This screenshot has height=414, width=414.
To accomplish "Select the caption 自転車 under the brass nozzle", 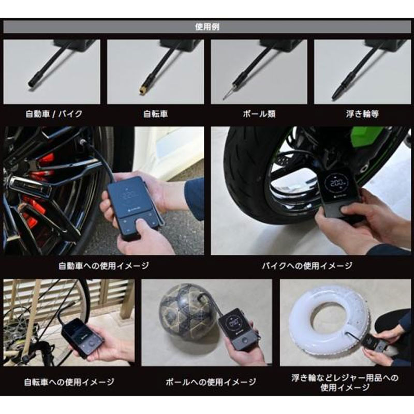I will pyautogui.click(x=155, y=113).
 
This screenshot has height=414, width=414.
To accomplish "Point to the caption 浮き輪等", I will pyautogui.click(x=362, y=113).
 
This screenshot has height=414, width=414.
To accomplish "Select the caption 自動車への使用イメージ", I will pyautogui.click(x=103, y=265).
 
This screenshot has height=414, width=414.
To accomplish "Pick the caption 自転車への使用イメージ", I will pyautogui.click(x=69, y=382).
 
